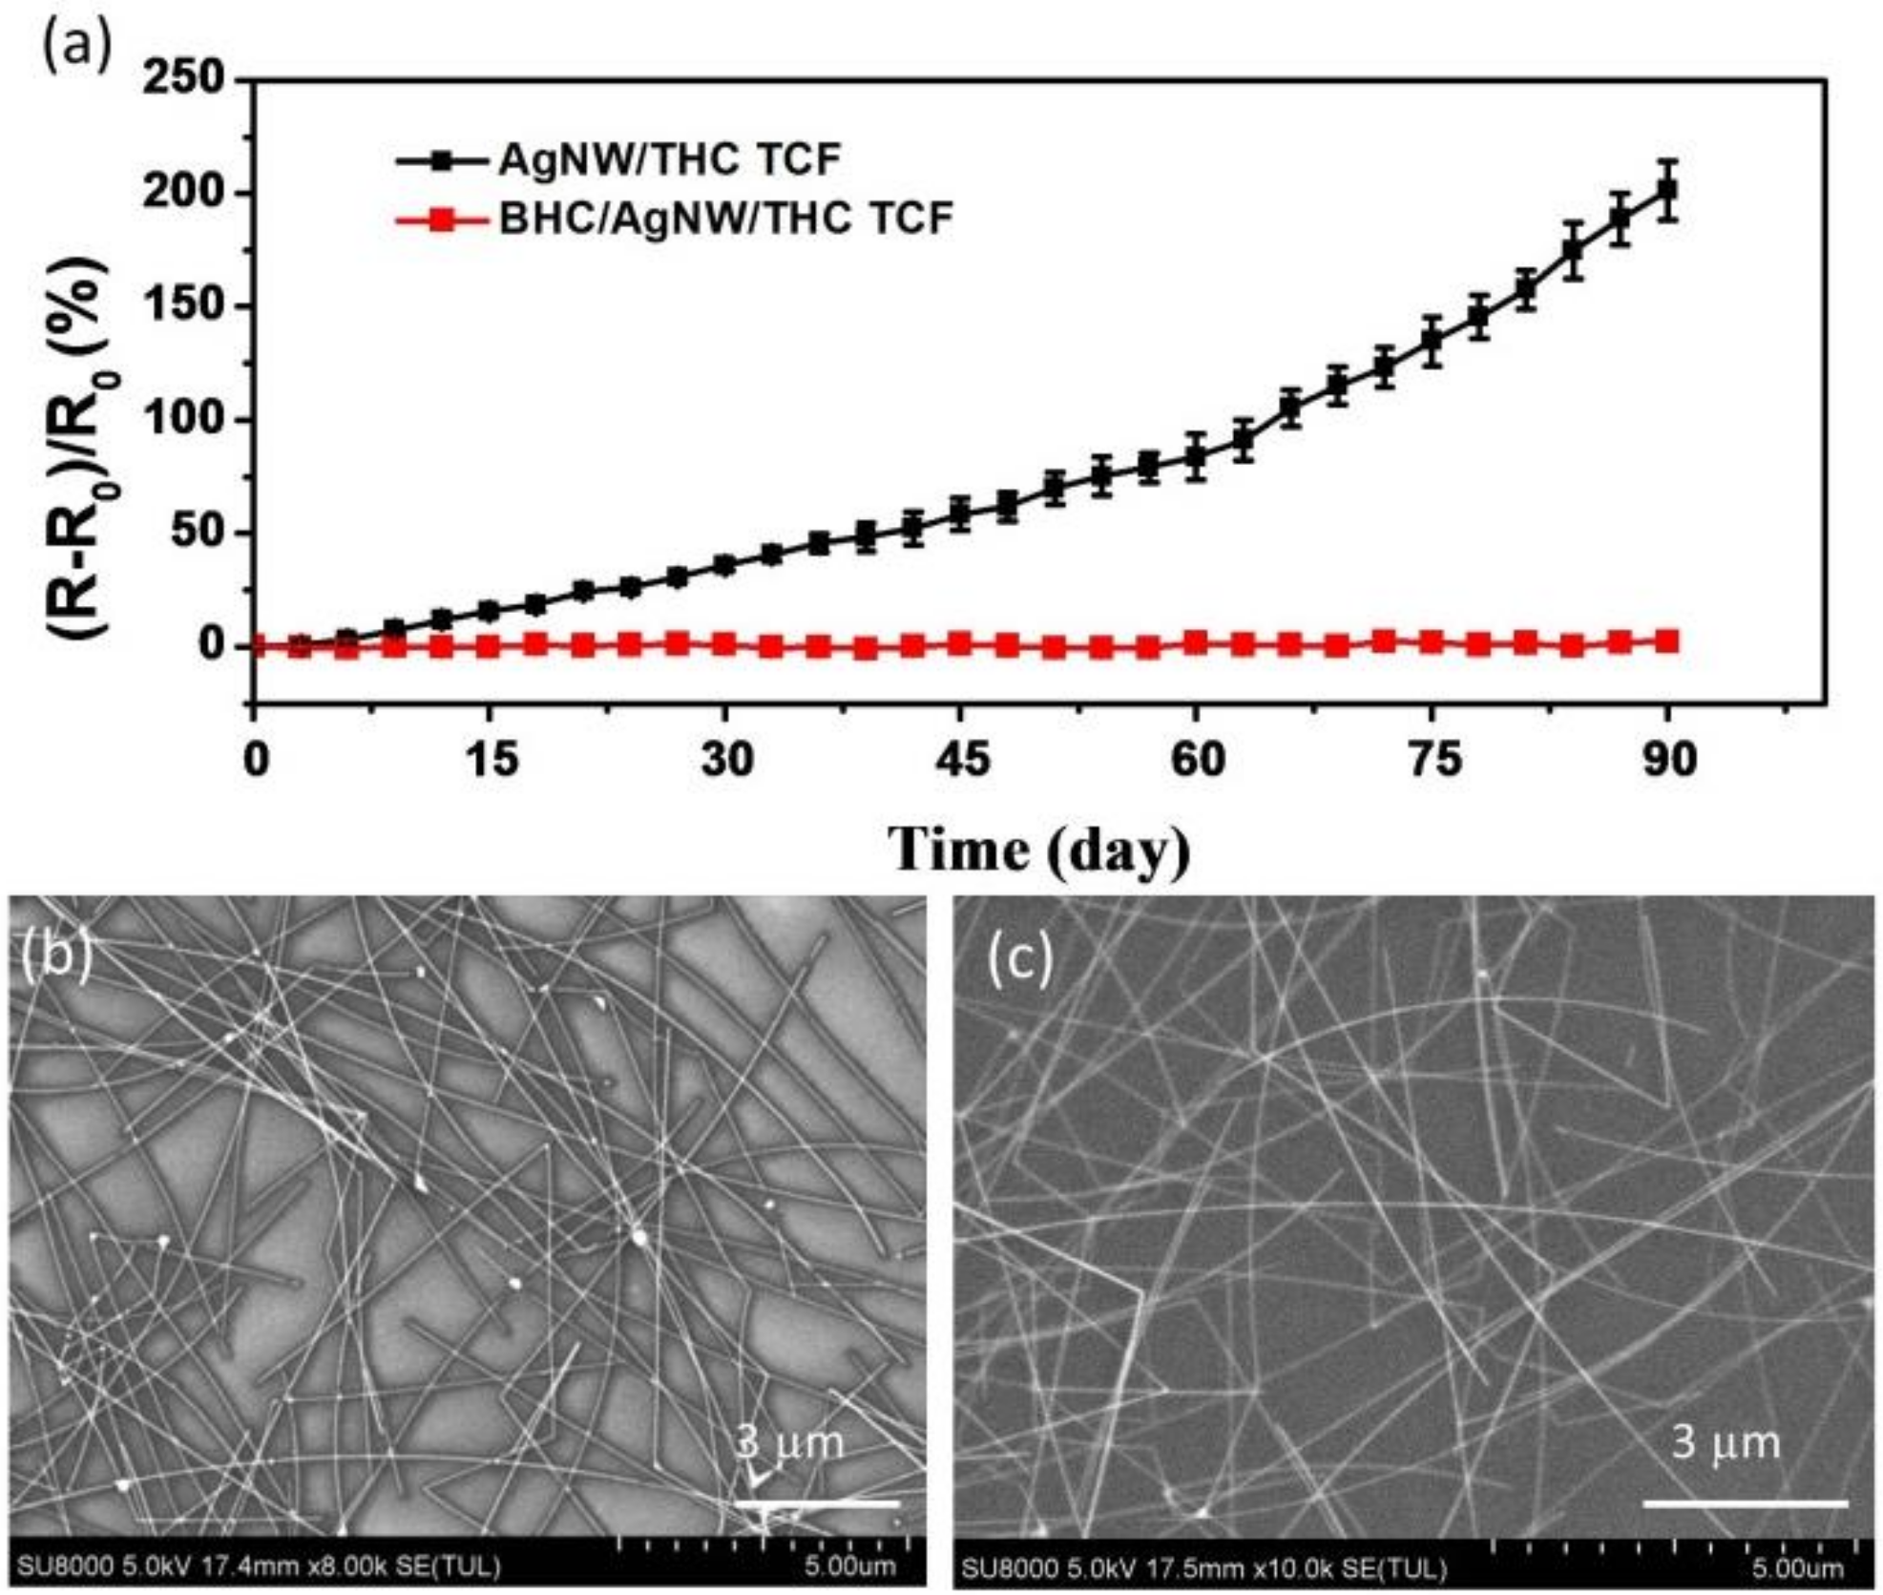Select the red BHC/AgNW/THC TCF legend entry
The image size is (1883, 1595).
coord(724,220)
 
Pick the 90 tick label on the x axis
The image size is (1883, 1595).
coord(1667,761)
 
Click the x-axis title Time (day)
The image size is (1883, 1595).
coord(1040,848)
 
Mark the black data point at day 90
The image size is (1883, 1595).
coord(1667,190)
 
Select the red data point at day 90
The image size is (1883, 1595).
coord(1667,641)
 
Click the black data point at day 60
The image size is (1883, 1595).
coord(1195,457)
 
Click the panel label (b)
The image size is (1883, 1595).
coord(56,957)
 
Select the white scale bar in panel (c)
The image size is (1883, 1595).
coord(1746,1503)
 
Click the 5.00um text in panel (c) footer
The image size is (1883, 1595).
coord(1797,1568)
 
